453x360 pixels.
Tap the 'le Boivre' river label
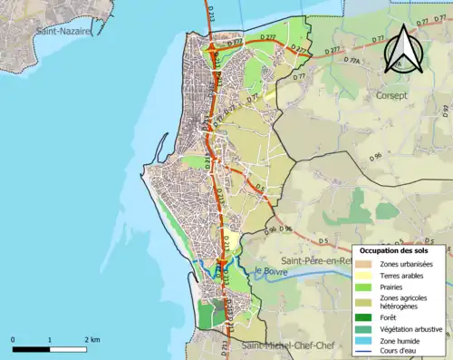(271, 270)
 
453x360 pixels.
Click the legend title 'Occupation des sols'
(399, 250)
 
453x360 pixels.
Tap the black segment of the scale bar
(30, 348)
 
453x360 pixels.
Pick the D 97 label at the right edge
(446, 111)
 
